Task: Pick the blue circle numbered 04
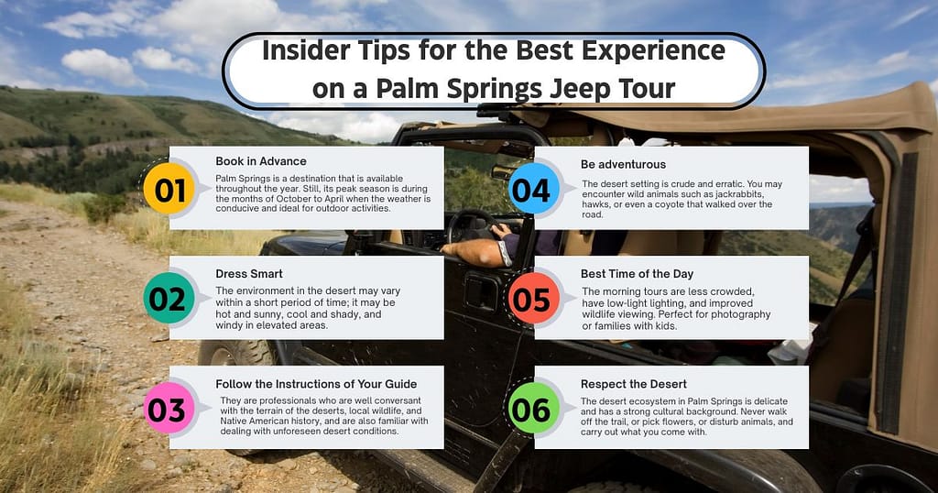tap(531, 191)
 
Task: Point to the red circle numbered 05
tap(531, 300)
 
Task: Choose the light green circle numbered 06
tap(531, 410)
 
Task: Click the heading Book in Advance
tap(261, 161)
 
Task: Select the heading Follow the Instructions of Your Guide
tap(316, 383)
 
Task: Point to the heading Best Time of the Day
tap(637, 273)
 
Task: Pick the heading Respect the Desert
tap(634, 383)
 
